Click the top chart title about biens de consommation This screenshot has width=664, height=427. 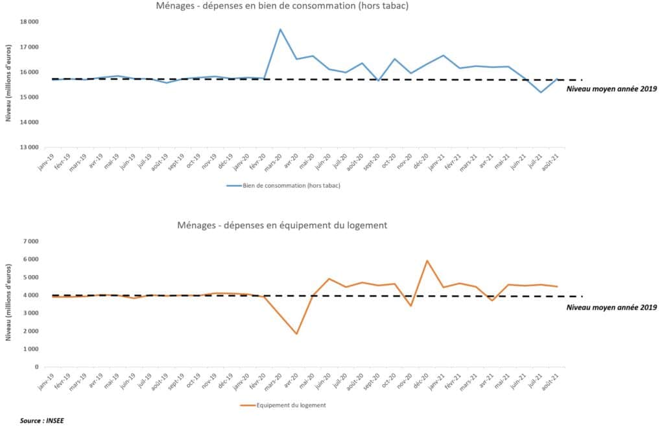(282, 6)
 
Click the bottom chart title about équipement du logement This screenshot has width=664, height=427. (282, 225)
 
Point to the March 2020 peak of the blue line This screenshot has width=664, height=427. (280, 29)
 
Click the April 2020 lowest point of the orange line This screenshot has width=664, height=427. (296, 334)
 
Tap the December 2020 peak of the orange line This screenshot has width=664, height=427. (427, 261)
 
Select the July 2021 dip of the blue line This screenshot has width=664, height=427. (541, 92)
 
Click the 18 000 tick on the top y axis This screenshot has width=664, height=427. (29, 22)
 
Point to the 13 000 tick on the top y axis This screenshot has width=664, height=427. (29, 147)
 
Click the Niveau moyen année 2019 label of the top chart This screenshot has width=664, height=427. (611, 88)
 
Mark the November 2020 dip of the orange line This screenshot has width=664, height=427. (410, 306)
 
